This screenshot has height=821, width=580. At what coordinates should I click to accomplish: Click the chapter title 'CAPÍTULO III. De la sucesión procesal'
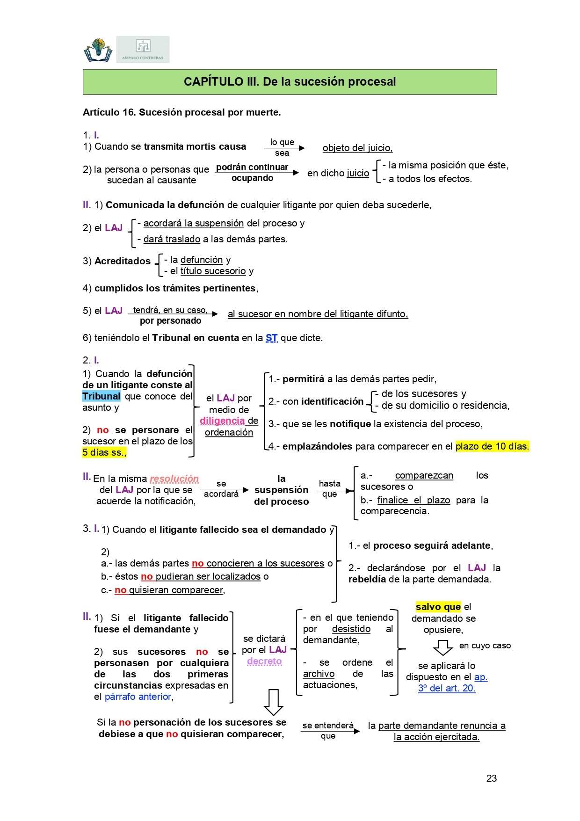pyautogui.click(x=290, y=82)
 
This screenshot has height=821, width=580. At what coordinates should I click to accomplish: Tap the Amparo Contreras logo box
pyautogui.click(x=143, y=50)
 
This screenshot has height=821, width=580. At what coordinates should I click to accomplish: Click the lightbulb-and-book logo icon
pyautogui.click(x=98, y=50)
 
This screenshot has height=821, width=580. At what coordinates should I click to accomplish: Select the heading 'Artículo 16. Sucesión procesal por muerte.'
pyautogui.click(x=181, y=112)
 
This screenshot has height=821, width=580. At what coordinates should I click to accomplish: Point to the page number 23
pyautogui.click(x=491, y=778)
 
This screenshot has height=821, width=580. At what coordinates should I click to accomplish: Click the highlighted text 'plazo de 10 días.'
pyautogui.click(x=492, y=446)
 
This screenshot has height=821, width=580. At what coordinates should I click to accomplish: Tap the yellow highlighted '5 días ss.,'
pyautogui.click(x=104, y=452)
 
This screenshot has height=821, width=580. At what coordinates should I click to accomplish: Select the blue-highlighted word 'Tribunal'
pyautogui.click(x=101, y=396)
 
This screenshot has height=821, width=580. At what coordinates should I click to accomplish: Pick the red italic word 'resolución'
pyautogui.click(x=174, y=479)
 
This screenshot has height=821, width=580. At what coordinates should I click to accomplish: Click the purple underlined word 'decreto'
pyautogui.click(x=264, y=661)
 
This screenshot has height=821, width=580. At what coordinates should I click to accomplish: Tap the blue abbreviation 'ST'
pyautogui.click(x=271, y=338)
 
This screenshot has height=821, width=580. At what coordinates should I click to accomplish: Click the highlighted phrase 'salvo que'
pyautogui.click(x=438, y=607)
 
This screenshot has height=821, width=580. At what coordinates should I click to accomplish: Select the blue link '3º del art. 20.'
pyautogui.click(x=447, y=688)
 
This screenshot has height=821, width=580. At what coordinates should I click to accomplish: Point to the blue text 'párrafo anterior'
pyautogui.click(x=138, y=697)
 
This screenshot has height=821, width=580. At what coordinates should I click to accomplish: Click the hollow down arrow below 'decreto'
pyautogui.click(x=274, y=702)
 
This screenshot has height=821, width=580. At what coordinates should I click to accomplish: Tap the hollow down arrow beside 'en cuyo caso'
pyautogui.click(x=442, y=647)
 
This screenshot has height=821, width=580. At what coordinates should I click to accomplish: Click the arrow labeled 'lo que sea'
pyautogui.click(x=284, y=148)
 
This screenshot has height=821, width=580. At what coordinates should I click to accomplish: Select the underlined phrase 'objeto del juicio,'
pyautogui.click(x=357, y=148)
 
